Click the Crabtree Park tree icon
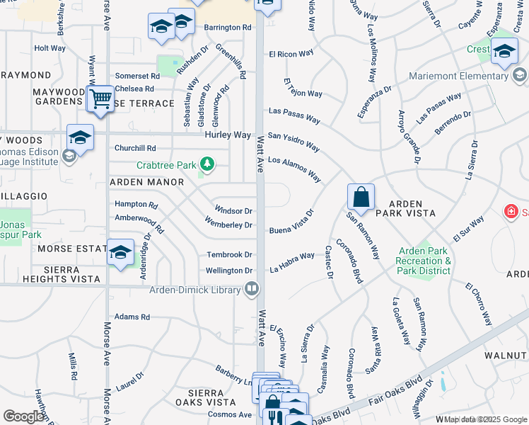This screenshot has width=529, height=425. point(207,165)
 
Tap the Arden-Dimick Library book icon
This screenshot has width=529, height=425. point(251,288)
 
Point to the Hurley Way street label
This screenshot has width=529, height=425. point(228,135)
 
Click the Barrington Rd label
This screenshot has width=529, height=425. point(228,28)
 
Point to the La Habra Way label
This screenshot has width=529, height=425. point(291,263)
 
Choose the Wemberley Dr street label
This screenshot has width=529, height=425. point(228,225)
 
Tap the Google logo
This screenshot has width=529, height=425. point(24,416)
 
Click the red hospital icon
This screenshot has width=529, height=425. point(510,211)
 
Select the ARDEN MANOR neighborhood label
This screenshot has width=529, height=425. point(146,182)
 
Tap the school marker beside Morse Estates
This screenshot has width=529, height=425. point(120,252)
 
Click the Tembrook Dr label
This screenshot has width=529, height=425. point(229,254)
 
